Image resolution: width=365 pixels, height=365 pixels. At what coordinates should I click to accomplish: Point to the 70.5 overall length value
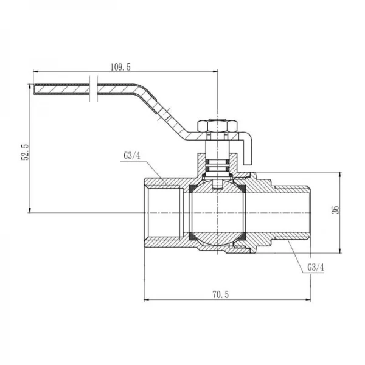(x=218, y=294)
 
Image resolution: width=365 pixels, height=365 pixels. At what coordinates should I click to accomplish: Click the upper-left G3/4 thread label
(x=132, y=156)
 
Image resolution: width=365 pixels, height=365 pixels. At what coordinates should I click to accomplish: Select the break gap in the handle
(x=92, y=89)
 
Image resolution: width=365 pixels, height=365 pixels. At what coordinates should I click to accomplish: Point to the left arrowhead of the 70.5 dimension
(x=146, y=299)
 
